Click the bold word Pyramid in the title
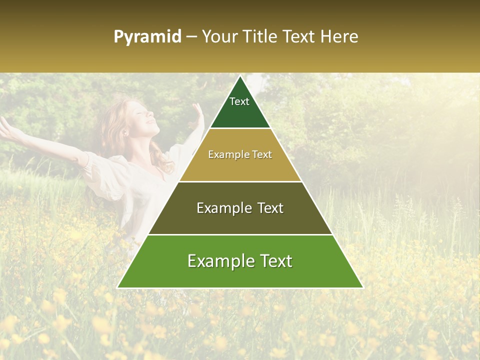(x=147, y=37)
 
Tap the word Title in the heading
(x=261, y=37)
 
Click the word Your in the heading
(x=220, y=37)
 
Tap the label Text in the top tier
(x=239, y=101)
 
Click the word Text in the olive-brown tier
(x=266, y=208)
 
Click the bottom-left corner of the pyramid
(x=118, y=287)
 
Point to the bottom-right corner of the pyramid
(x=362, y=287)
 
